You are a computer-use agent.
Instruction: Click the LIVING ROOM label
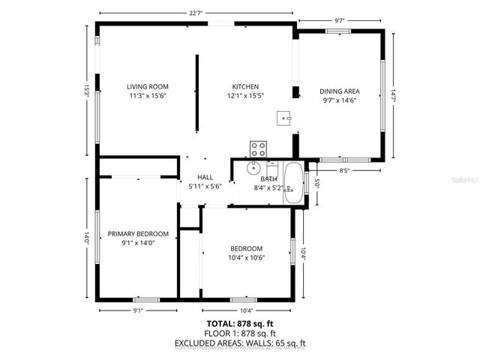click(x=147, y=87)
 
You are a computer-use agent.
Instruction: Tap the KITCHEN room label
click(x=245, y=87)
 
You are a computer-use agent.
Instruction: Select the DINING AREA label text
click(x=340, y=91)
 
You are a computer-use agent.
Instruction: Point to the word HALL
click(x=205, y=177)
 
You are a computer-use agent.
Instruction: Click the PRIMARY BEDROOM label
click(x=138, y=234)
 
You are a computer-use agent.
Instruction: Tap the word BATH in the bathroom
click(x=268, y=179)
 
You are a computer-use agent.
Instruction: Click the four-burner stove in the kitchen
click(x=258, y=148)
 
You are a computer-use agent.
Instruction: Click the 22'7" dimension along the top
click(x=196, y=13)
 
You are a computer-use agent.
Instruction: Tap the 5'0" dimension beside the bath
click(x=317, y=182)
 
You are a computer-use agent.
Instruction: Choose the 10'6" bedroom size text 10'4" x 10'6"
click(x=246, y=258)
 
